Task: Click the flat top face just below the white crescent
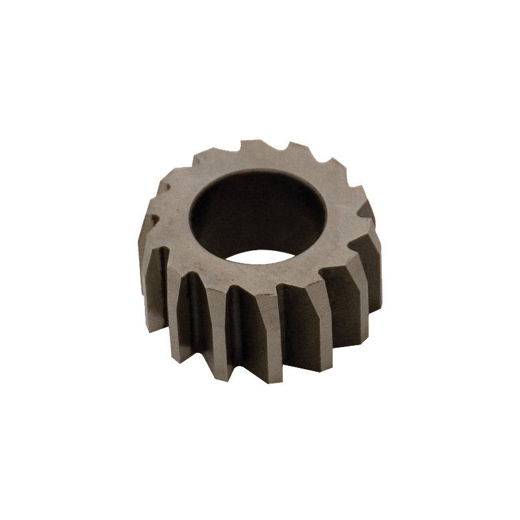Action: [260, 273]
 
